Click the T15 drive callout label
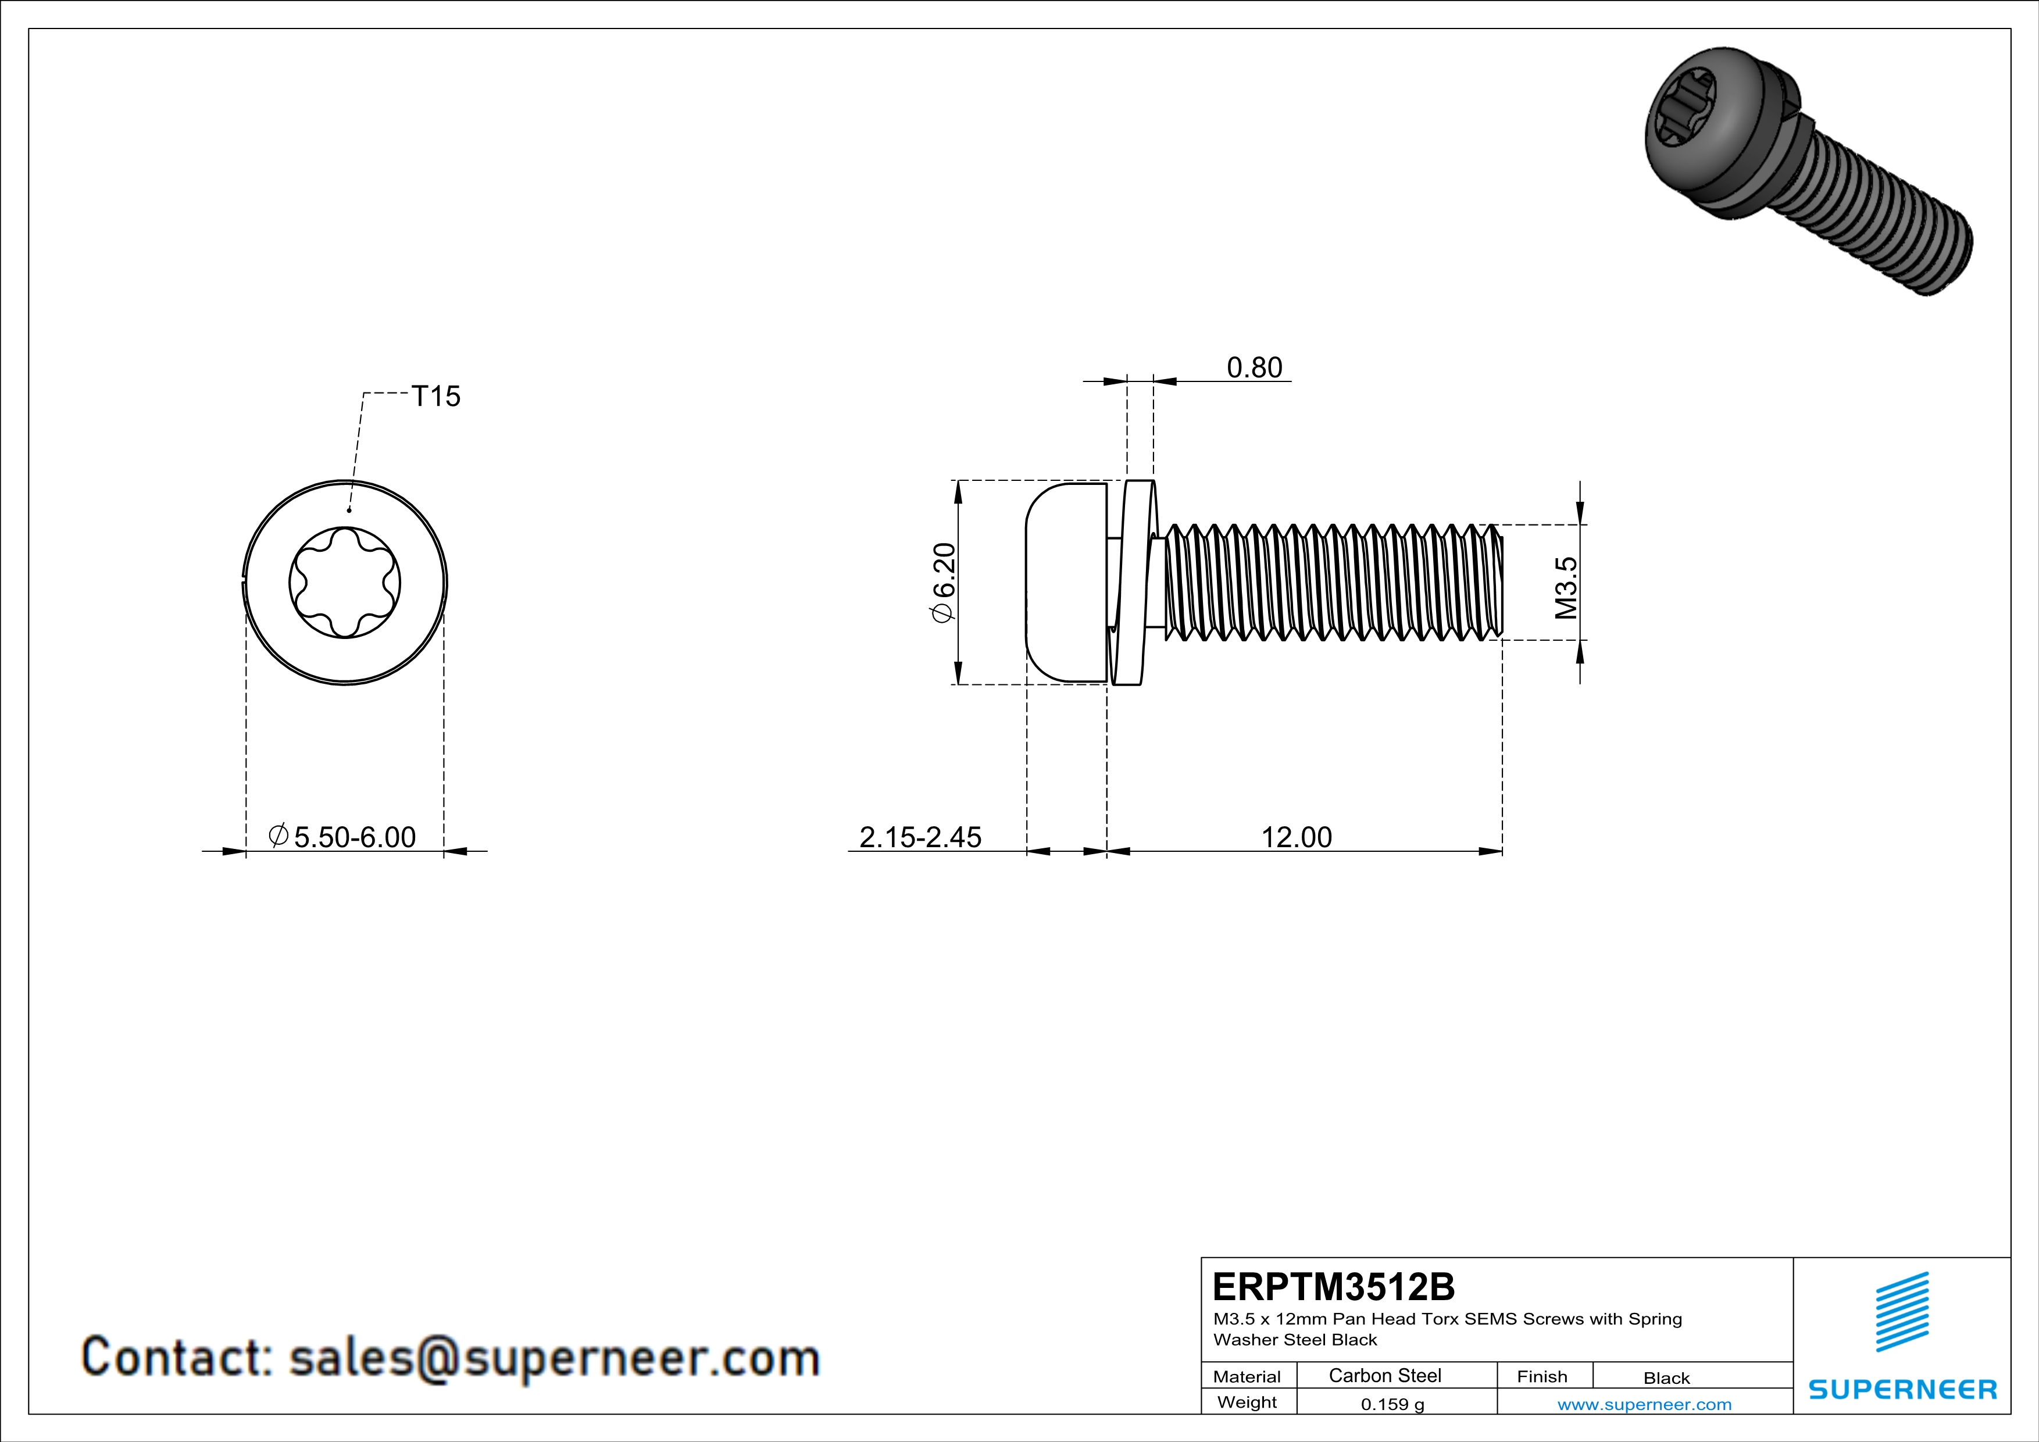click(x=436, y=396)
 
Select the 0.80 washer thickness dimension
click(x=1254, y=367)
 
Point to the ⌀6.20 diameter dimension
click(x=943, y=583)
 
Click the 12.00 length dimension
click(x=1297, y=837)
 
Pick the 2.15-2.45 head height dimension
click(x=920, y=837)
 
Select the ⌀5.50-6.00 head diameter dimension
click(x=343, y=837)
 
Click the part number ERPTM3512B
click(x=1333, y=1287)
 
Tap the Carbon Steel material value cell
click(x=1384, y=1375)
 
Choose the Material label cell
click(x=1247, y=1376)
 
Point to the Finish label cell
click(x=1542, y=1376)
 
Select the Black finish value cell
click(x=1666, y=1378)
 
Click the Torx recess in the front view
click(x=345, y=583)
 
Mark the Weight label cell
click(x=1247, y=1402)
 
